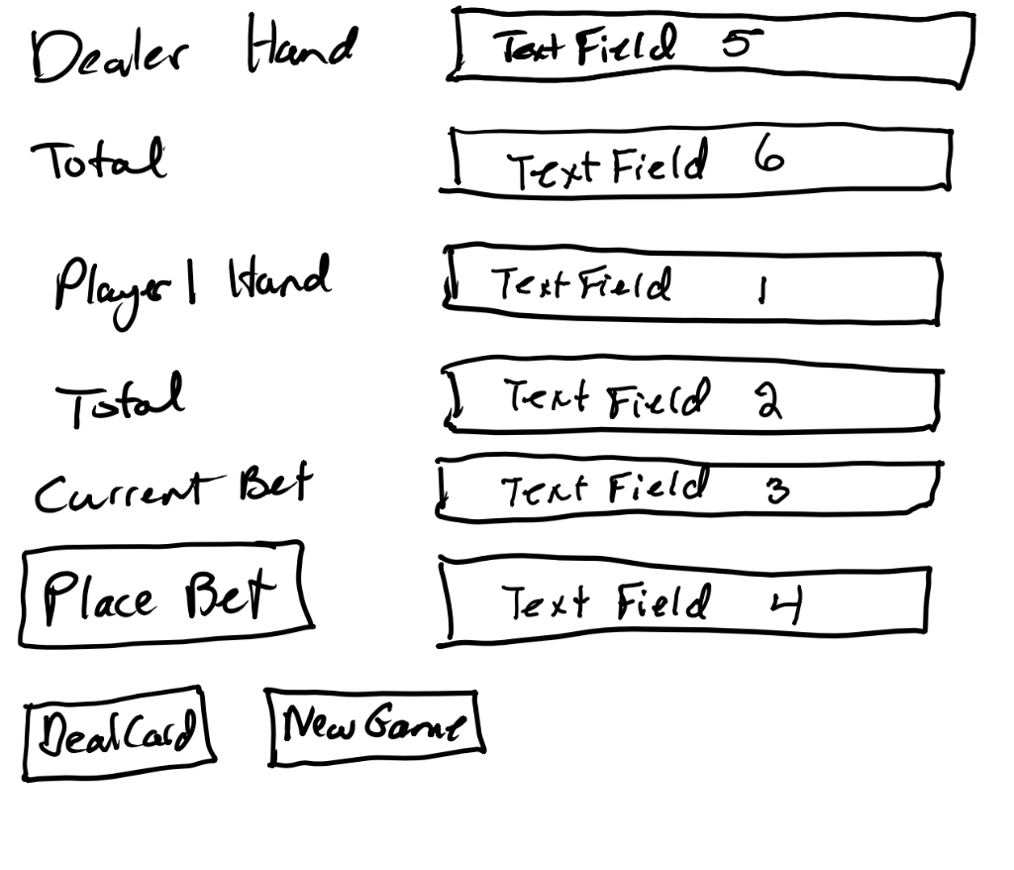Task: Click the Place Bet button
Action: [x=164, y=595]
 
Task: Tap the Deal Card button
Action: [x=120, y=733]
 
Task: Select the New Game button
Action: [x=374, y=727]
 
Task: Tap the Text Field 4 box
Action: [x=684, y=601]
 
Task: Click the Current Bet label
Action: [x=173, y=489]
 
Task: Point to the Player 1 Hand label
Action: [x=190, y=284]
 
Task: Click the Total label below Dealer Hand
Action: [x=98, y=160]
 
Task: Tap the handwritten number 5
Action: [x=742, y=44]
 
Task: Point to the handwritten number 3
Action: [x=778, y=489]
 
